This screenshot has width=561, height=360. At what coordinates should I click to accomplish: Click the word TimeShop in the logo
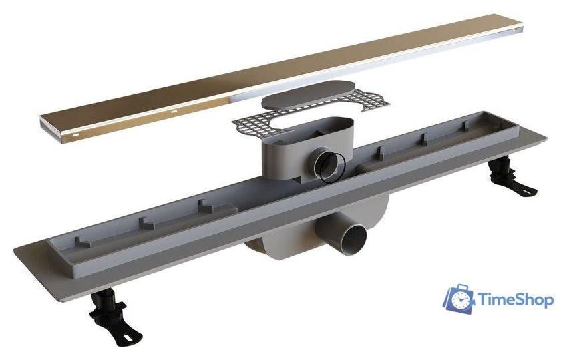pos(516,300)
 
